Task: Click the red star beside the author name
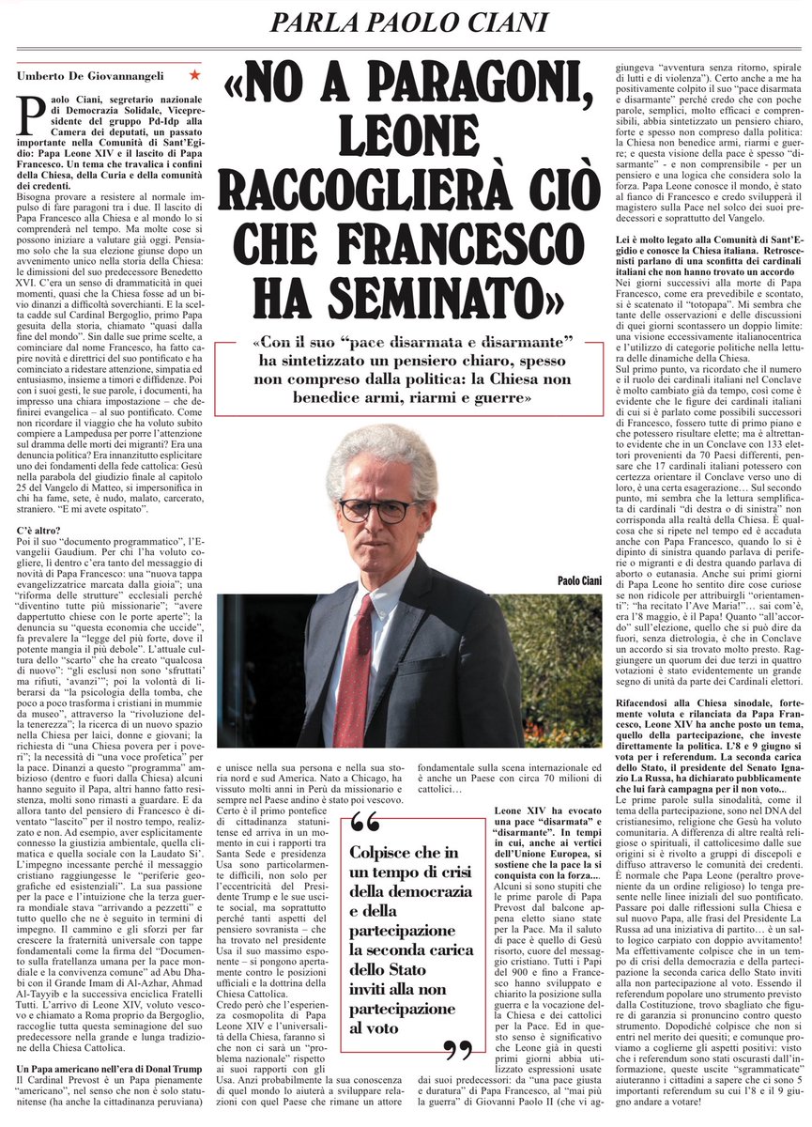[193, 73]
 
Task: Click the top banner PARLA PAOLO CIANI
[405, 22]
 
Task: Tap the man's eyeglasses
[377, 510]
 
